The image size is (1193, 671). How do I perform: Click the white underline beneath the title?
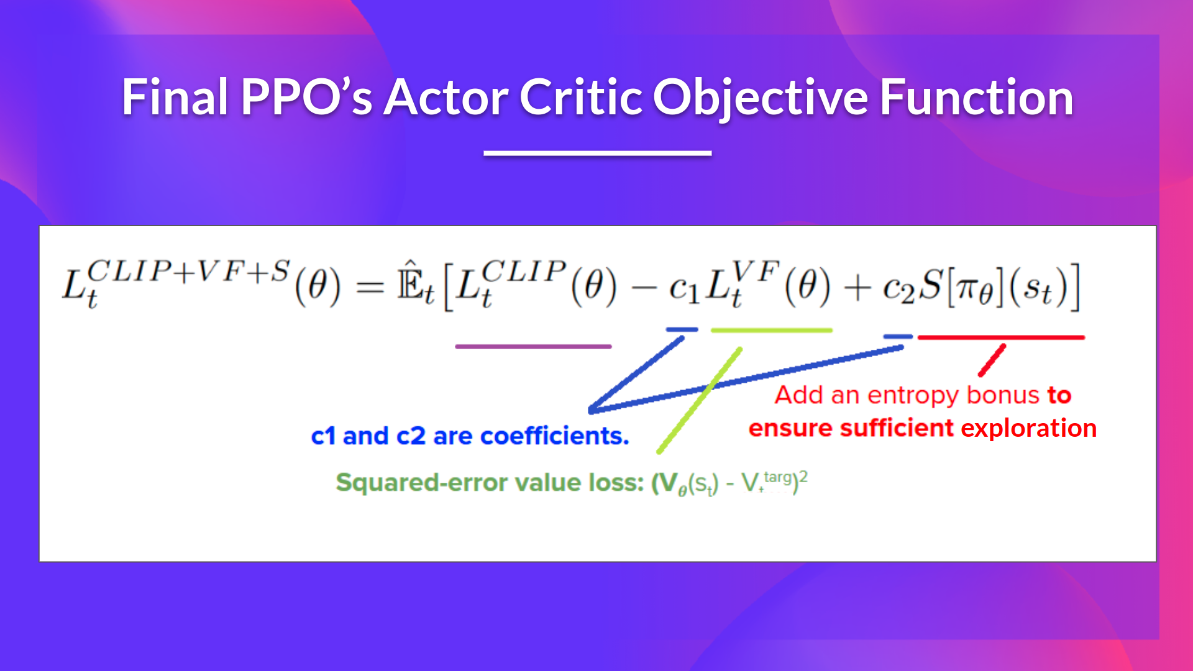[597, 153]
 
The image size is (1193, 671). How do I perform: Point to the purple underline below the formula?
[533, 346]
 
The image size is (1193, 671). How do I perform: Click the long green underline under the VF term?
[771, 330]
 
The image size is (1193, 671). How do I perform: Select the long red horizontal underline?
[1001, 337]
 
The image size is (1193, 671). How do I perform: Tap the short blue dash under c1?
[682, 329]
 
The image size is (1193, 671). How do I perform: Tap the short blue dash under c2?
[898, 336]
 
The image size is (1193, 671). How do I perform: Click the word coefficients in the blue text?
[554, 436]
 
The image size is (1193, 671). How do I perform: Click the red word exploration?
[1028, 428]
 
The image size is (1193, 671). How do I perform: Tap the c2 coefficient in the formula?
[898, 288]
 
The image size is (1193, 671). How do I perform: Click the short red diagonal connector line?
[992, 360]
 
